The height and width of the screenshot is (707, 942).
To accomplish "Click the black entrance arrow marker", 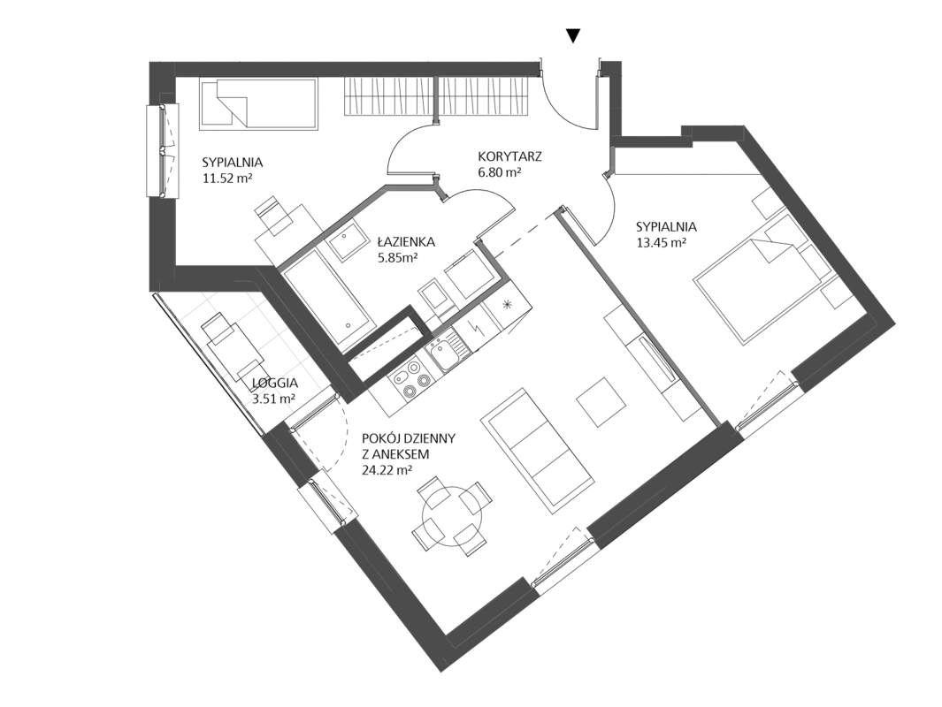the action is coord(573,36).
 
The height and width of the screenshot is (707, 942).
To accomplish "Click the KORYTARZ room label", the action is coord(510,156).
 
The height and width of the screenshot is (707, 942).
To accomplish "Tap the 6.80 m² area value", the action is coord(499,173).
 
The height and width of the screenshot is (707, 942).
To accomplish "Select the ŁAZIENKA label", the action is coord(406,242).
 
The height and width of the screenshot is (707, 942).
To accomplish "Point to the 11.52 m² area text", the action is coord(227,178).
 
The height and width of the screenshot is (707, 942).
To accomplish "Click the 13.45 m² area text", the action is coord(662,243).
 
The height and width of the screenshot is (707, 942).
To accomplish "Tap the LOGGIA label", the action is coord(274,383).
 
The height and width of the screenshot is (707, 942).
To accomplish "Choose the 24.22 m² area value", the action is coord(387,470).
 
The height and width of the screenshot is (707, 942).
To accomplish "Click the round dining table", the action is coord(452,515).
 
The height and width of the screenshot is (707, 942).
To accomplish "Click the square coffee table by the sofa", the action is coord(601,401).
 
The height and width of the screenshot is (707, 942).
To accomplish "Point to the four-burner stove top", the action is coord(410,381).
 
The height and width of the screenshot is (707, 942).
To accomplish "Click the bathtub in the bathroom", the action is coord(329,301).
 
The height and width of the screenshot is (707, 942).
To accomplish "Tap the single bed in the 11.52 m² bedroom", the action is coord(259,103).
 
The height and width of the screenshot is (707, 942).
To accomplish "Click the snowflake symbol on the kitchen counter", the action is coord(509,304).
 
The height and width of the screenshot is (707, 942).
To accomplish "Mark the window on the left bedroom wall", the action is coord(163,150).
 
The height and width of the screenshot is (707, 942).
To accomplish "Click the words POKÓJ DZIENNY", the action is coord(409,438).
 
